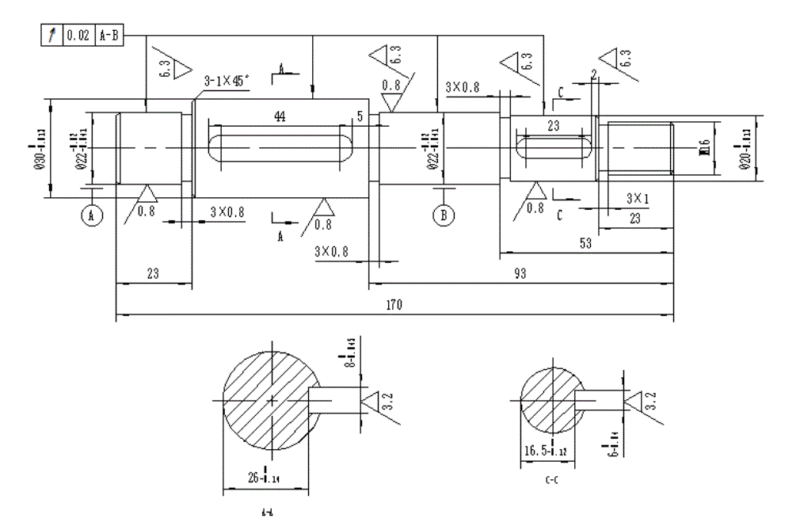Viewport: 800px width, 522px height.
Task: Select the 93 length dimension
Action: pyautogui.click(x=520, y=273)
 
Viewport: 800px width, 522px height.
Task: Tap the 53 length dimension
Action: pyautogui.click(x=586, y=244)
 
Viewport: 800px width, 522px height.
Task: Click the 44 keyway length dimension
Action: pyautogui.click(x=280, y=116)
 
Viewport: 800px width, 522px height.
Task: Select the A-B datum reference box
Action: pyautogui.click(x=109, y=36)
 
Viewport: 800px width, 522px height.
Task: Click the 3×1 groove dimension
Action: pyautogui.click(x=637, y=198)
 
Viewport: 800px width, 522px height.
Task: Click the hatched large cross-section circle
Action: pyautogui.click(x=269, y=400)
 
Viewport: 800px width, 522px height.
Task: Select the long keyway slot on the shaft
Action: pyautogui.click(x=280, y=148)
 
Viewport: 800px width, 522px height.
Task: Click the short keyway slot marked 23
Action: pyautogui.click(x=554, y=147)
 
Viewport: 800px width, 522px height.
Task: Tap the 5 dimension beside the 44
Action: pyautogui.click(x=360, y=116)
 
